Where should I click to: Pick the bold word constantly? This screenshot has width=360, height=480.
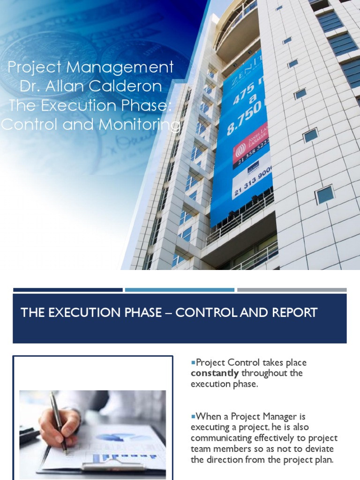coord(215,373)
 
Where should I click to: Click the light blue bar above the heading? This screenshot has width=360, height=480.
coord(180,290)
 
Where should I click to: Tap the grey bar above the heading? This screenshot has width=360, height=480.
coord(292,290)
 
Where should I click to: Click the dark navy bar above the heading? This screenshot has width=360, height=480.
coord(67,290)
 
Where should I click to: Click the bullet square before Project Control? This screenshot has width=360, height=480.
coord(193,362)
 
